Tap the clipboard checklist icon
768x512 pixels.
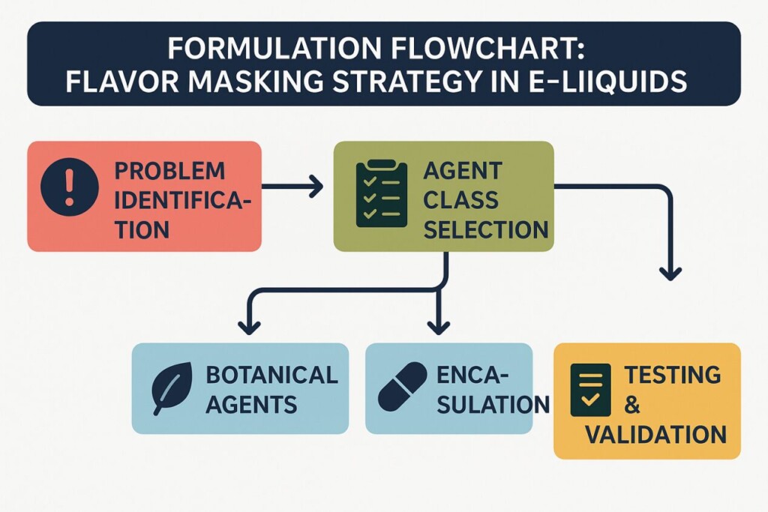(381, 195)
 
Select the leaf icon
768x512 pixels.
(170, 389)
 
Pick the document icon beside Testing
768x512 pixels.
(590, 391)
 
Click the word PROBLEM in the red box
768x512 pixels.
(169, 170)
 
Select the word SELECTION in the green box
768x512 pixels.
(485, 229)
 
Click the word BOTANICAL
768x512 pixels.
(271, 374)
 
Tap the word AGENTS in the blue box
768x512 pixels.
(251, 406)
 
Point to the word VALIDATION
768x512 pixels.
(655, 434)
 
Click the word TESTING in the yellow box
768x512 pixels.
(672, 374)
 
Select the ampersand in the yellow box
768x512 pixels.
(632, 405)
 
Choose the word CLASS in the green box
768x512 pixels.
(460, 200)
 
